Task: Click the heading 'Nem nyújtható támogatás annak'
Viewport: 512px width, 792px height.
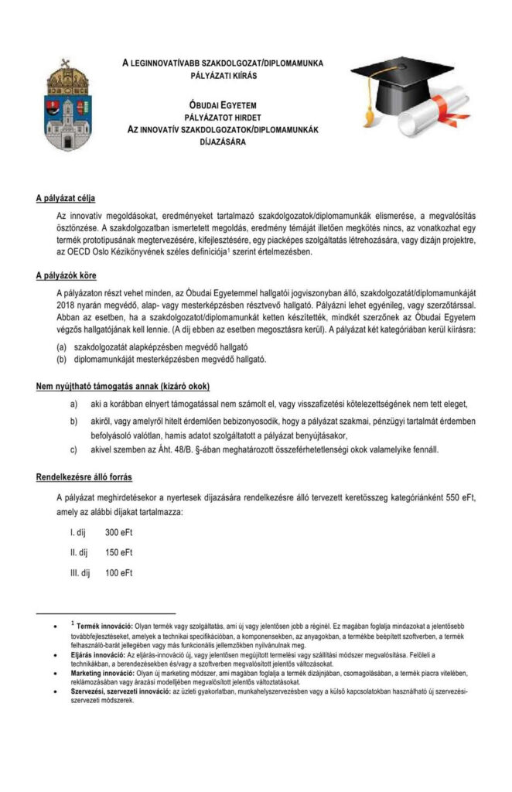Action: click(123, 386)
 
